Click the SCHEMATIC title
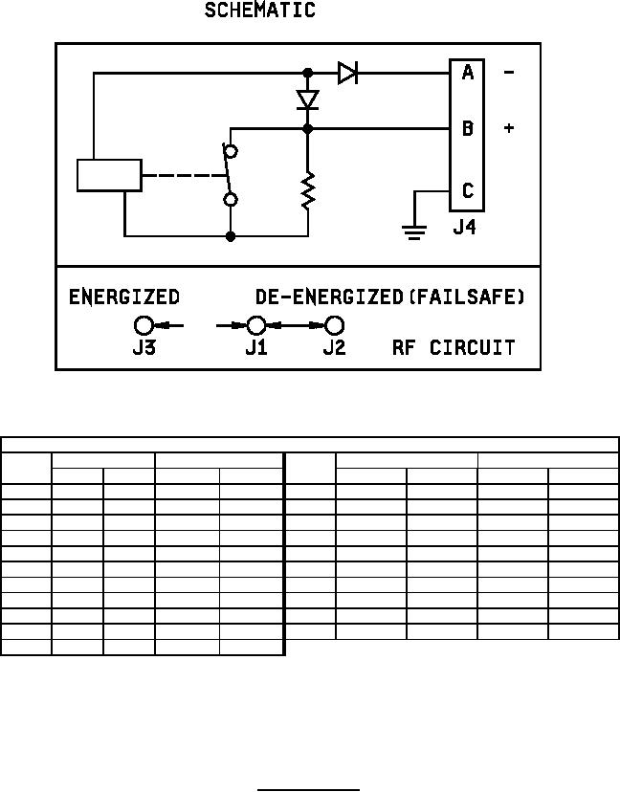click(x=259, y=11)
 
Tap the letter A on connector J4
click(x=467, y=73)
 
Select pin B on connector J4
click(x=467, y=128)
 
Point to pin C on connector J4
click(x=467, y=191)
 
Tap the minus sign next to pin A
click(x=508, y=73)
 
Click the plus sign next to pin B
click(x=508, y=128)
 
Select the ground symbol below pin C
click(x=414, y=230)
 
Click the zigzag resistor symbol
click(x=308, y=189)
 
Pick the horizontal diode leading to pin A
click(x=347, y=73)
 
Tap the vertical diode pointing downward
click(x=307, y=99)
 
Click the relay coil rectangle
click(x=109, y=175)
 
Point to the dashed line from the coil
click(x=182, y=175)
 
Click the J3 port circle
click(x=144, y=325)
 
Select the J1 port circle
click(x=255, y=325)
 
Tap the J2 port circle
click(x=333, y=325)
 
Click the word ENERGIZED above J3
click(x=123, y=297)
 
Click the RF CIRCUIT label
click(x=453, y=347)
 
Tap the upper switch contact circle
click(x=230, y=151)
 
